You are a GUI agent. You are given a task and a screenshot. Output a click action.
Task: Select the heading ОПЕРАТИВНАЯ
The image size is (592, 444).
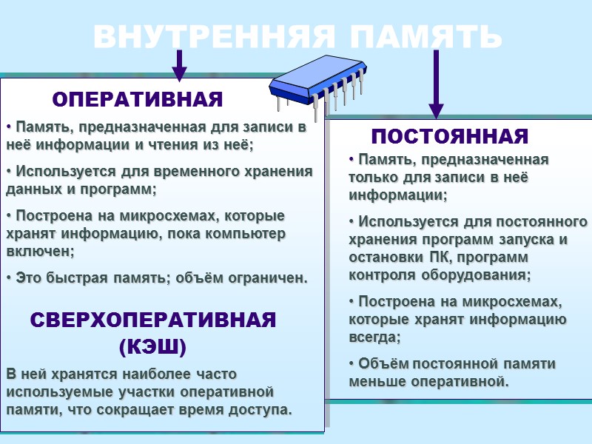tap(138, 99)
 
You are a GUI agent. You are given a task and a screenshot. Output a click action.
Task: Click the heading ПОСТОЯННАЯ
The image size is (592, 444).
tap(450, 137)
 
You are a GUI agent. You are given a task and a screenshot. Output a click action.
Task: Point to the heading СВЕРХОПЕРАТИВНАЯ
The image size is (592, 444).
tap(153, 320)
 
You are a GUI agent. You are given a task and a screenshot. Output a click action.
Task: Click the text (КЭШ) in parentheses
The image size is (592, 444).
tap(152, 346)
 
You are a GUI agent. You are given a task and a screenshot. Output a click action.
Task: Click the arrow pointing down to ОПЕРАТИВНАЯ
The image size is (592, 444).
tap(179, 66)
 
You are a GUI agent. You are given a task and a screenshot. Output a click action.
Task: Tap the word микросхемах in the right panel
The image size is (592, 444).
tap(521, 302)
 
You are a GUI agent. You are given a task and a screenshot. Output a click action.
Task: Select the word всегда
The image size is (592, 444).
tap(374, 337)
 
